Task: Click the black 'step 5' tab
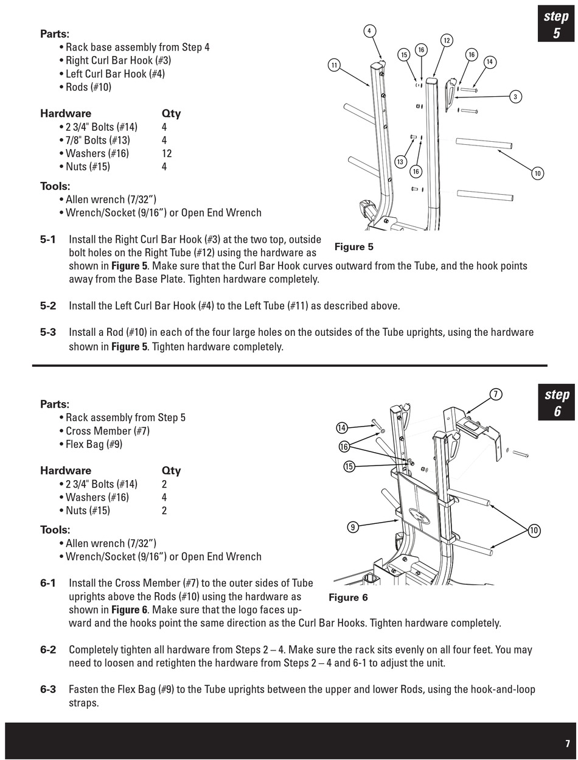[x=556, y=24]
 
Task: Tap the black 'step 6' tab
[x=556, y=402]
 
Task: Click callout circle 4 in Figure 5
[x=369, y=31]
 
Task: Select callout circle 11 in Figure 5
[x=334, y=65]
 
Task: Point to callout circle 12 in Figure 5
[x=447, y=41]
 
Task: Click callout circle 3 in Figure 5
[x=515, y=97]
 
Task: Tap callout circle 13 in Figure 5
[x=400, y=162]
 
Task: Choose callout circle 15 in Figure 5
[x=404, y=55]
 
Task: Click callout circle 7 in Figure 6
[x=496, y=394]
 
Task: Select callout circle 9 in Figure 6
[x=353, y=528]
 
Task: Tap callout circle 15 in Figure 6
[x=349, y=466]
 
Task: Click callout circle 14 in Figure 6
[x=341, y=428]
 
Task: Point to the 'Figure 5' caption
[x=353, y=247]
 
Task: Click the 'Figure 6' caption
[x=348, y=598]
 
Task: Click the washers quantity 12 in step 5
[x=167, y=153]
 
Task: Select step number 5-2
[x=48, y=305]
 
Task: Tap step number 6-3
[x=48, y=689]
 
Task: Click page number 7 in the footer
[x=568, y=744]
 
